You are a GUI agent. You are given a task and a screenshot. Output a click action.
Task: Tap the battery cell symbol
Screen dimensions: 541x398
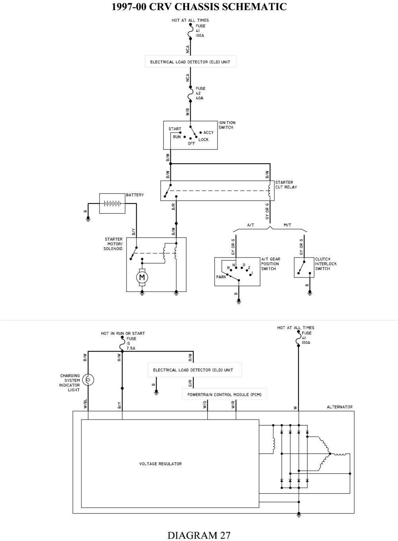click(x=112, y=203)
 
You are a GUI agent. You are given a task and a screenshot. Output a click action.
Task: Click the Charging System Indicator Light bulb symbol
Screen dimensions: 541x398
click(x=88, y=380)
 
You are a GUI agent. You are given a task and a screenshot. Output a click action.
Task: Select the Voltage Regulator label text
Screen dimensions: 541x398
click(x=160, y=464)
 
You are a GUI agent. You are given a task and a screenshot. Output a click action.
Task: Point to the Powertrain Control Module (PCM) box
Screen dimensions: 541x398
click(x=224, y=395)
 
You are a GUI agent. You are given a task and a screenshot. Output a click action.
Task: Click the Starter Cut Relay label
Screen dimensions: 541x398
click(x=286, y=185)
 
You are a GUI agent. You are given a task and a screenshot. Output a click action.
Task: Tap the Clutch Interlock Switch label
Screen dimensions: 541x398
click(x=326, y=264)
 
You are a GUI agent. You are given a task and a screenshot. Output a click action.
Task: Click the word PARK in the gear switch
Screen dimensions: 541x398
click(x=221, y=277)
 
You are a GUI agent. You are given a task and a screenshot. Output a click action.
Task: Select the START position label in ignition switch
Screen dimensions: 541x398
click(x=175, y=129)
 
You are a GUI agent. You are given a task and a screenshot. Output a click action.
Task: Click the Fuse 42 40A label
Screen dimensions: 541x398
click(x=200, y=93)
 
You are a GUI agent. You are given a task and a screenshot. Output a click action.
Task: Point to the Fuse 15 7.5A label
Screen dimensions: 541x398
click(x=131, y=343)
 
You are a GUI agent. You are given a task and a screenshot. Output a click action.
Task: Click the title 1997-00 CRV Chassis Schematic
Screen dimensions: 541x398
click(x=199, y=7)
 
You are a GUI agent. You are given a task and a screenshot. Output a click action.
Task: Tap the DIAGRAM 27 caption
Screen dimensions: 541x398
click(x=199, y=535)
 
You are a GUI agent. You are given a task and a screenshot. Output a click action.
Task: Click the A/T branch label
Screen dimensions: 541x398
click(x=250, y=225)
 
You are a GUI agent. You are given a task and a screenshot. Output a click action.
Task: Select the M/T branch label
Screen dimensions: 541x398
click(x=287, y=225)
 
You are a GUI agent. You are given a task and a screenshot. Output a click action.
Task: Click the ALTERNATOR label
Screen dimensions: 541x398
click(x=339, y=407)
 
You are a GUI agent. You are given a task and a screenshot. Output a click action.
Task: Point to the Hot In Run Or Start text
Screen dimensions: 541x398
click(x=123, y=334)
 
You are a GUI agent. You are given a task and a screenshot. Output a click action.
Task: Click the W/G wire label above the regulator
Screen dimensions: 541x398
click(x=205, y=405)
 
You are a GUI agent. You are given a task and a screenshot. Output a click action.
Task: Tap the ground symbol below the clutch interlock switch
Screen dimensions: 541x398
click(x=310, y=293)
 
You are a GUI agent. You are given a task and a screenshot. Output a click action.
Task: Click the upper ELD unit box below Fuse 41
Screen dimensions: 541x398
click(x=190, y=62)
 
